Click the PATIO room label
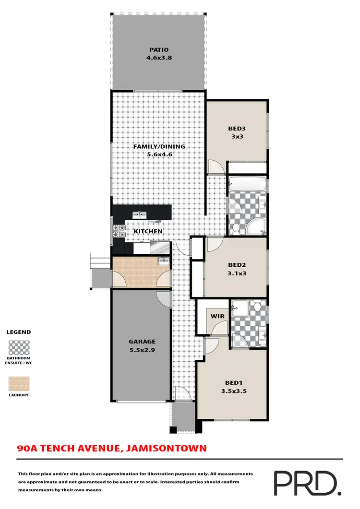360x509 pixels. click(158, 49)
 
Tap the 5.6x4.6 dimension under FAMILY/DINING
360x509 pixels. click(158, 154)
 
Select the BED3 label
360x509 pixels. click(237, 129)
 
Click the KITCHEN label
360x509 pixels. click(148, 231)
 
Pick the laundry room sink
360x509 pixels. click(163, 261)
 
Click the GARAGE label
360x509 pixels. click(142, 342)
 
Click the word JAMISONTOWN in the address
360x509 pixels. click(166, 449)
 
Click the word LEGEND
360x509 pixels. click(18, 332)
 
